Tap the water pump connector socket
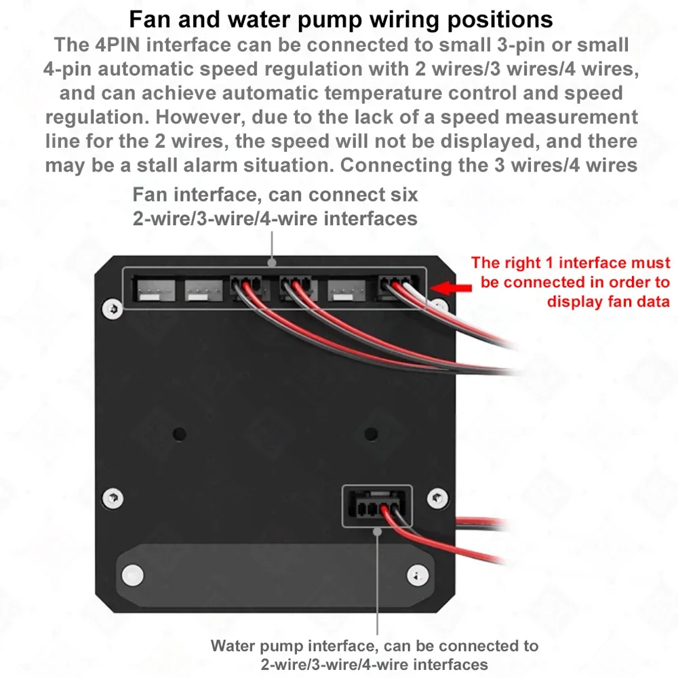(x=377, y=506)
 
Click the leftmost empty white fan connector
(x=156, y=290)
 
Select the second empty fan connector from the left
(x=203, y=290)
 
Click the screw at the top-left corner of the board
(x=113, y=308)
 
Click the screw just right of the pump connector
(x=437, y=498)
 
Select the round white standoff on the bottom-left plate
(x=132, y=575)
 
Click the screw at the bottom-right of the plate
(x=418, y=576)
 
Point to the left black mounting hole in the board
(x=180, y=434)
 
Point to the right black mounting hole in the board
(x=371, y=434)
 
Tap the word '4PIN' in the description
(x=117, y=45)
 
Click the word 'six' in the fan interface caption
(x=404, y=195)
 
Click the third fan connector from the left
(x=247, y=287)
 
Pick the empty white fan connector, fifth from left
(x=346, y=290)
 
